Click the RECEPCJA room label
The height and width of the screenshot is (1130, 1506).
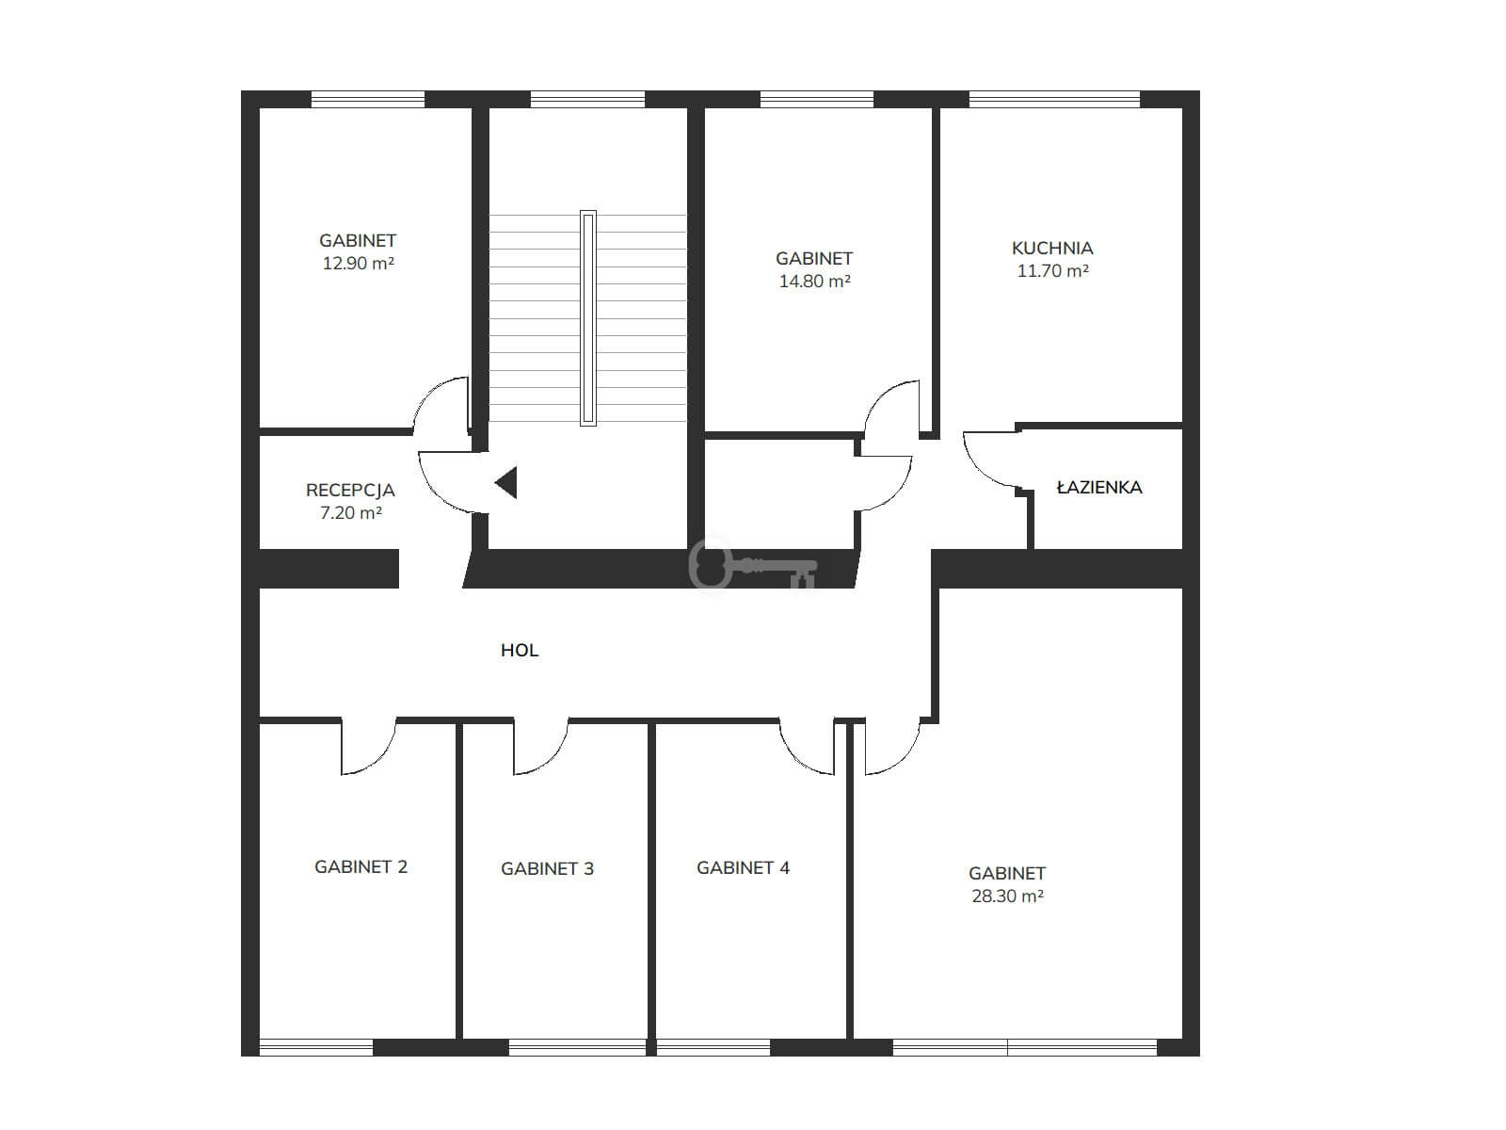coord(350,491)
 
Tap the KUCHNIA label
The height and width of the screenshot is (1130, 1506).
coord(1051,248)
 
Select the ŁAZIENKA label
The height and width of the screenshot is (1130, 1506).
coord(1099,488)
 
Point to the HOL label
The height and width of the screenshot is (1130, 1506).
coord(520,651)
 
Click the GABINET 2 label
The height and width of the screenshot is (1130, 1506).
coord(360,867)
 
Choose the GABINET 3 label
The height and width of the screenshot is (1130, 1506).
coord(547,868)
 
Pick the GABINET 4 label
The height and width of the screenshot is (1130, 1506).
coord(743,868)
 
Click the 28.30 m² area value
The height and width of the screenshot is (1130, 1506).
coord(1007,896)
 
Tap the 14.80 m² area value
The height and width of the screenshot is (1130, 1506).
coord(814,282)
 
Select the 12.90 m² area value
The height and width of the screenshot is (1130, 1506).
coord(359,264)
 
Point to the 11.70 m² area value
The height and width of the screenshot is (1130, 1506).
coord(1052,271)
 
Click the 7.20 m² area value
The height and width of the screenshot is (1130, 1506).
coord(350,513)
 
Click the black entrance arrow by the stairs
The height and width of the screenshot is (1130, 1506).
coord(506,482)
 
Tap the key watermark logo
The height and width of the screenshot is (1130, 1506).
coord(753,565)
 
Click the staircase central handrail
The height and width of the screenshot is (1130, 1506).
coord(588,317)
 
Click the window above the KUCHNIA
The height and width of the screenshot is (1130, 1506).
coord(1054,100)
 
